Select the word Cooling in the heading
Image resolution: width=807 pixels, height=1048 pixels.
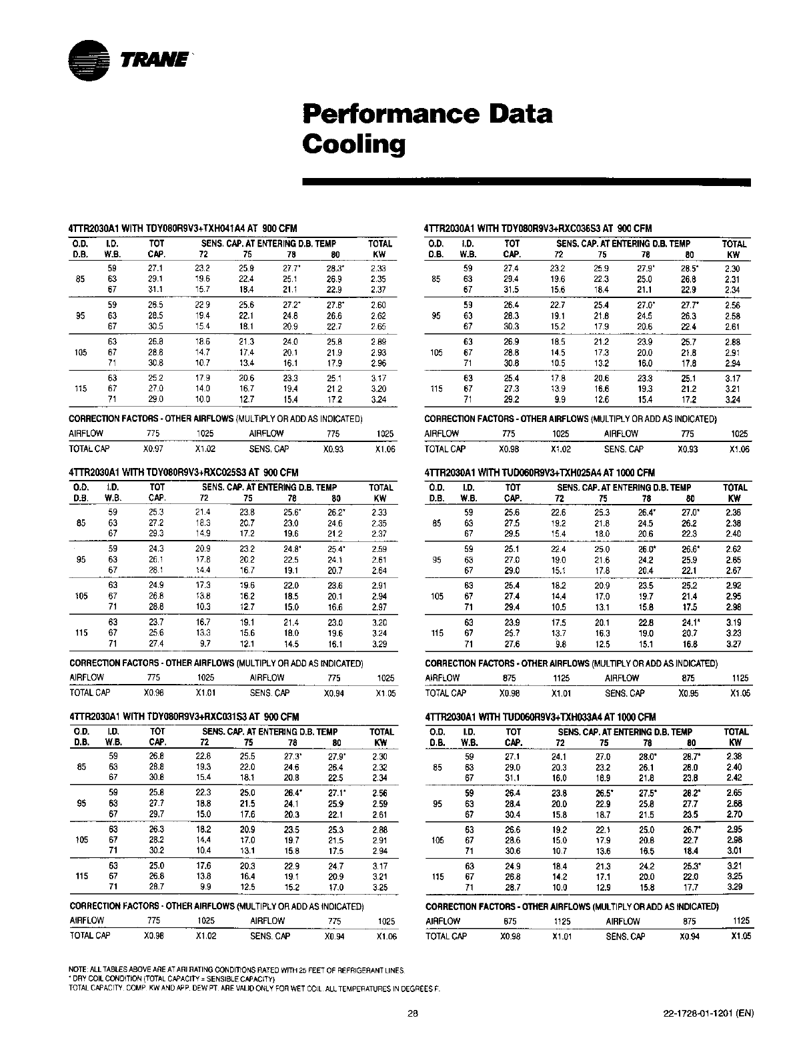tap(353, 144)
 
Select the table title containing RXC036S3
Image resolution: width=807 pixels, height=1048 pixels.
tap(538, 229)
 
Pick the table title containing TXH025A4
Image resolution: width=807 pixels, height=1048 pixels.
tap(540, 473)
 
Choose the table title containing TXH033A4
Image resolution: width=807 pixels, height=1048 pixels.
tap(540, 717)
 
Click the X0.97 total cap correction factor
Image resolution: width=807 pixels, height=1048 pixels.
tap(153, 449)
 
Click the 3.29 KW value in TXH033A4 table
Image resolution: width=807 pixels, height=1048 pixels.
tap(734, 887)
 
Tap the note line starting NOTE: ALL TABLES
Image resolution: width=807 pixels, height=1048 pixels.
tap(237, 969)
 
